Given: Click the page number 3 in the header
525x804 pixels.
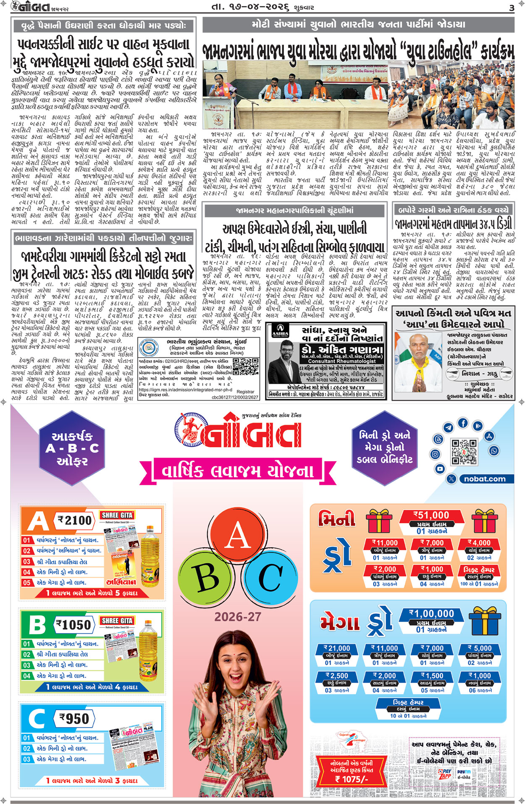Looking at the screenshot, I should pos(511,8).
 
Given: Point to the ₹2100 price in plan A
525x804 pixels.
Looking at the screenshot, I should pos(75,520).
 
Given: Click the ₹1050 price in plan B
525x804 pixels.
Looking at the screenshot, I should pos(74,625).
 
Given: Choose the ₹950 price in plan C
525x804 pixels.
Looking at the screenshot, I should pos(74,718).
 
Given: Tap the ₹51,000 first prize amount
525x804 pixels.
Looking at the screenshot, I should pos(431,515).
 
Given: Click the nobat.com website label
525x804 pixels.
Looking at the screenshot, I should pos(485,479).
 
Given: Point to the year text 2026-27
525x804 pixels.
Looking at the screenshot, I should pos(238,617).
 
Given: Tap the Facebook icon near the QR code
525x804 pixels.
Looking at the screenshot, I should pos(463,423).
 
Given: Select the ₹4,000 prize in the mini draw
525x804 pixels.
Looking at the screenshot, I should pos(479,543).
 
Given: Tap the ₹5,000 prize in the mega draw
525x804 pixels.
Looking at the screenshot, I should pos(480,648).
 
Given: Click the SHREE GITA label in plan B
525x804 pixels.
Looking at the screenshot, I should pos(117,620).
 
